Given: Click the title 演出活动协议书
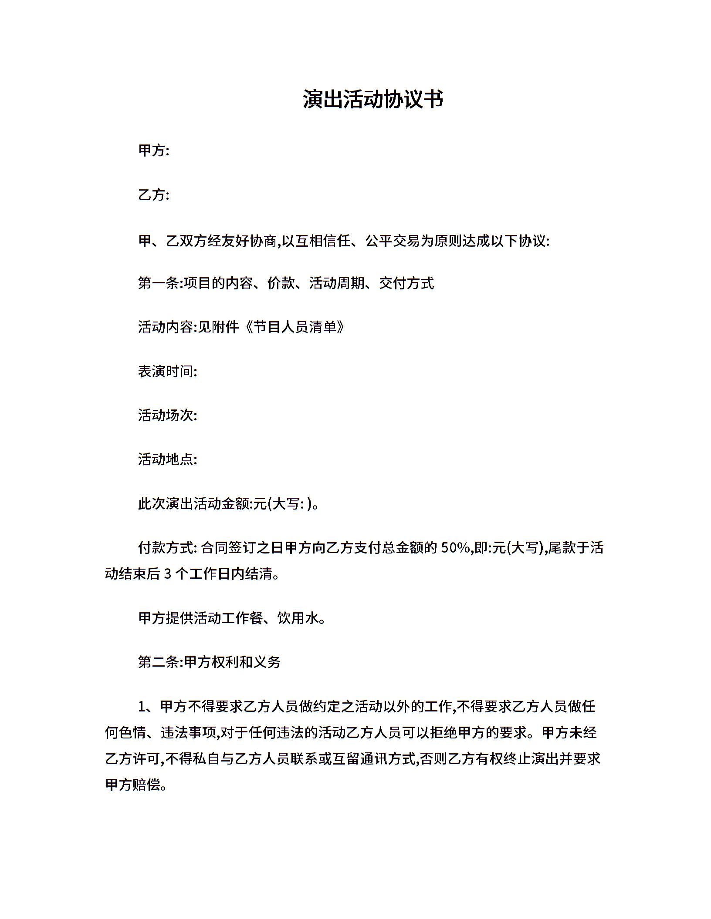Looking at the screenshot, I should point(373,100).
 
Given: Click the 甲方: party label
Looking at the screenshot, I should point(153,151).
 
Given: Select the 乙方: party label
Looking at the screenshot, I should point(153,195).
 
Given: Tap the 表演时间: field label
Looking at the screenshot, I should point(167,371).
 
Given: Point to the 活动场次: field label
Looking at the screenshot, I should point(167,415).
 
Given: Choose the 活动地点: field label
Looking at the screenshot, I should point(167,459).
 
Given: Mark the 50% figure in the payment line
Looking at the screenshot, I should point(454,547).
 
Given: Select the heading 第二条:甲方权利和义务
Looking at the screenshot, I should point(209,662).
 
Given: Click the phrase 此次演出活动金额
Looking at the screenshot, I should point(194,503).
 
